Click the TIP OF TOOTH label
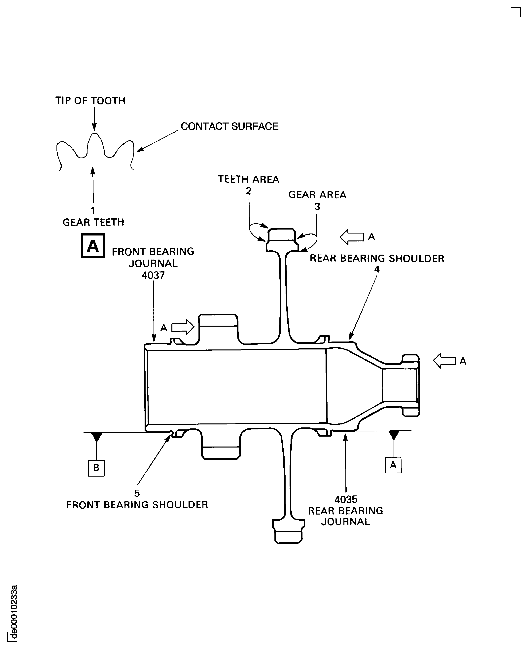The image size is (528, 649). (x=90, y=101)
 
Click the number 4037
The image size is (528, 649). (x=153, y=275)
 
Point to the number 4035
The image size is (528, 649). (x=346, y=499)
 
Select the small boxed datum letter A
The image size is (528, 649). (x=393, y=465)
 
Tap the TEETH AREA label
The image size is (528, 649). (x=249, y=179)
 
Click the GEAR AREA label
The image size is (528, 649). (x=317, y=195)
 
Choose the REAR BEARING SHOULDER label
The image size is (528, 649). (x=377, y=259)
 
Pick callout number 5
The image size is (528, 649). (x=137, y=493)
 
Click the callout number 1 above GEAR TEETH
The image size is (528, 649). (x=93, y=210)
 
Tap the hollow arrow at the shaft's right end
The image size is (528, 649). (x=444, y=361)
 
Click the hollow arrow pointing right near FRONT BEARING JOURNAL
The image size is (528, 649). (x=183, y=327)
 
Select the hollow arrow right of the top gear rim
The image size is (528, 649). (x=352, y=237)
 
